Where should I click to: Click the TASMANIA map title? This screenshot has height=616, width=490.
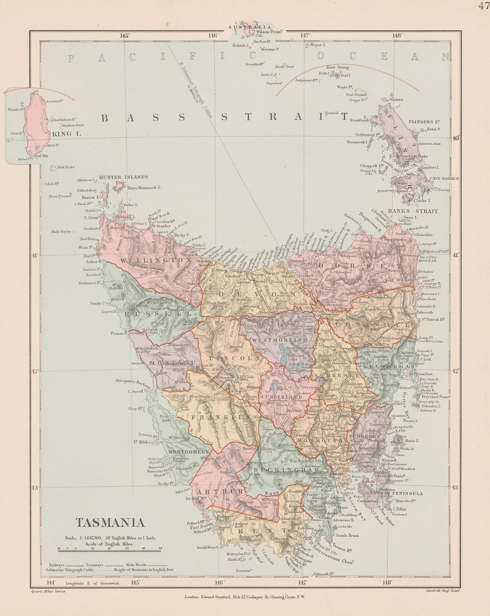(x=110, y=522)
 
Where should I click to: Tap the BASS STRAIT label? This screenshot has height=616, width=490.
(x=224, y=118)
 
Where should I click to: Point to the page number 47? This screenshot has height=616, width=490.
(x=483, y=5)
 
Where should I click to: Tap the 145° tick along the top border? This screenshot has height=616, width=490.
(x=124, y=35)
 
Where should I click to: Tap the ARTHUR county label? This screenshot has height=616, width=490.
(x=220, y=492)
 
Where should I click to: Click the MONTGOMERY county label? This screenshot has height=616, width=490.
(x=188, y=451)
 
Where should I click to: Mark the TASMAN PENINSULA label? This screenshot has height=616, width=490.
(x=396, y=493)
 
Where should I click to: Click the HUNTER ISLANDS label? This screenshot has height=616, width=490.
(x=123, y=177)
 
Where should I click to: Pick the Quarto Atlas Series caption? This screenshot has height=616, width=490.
(x=42, y=591)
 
